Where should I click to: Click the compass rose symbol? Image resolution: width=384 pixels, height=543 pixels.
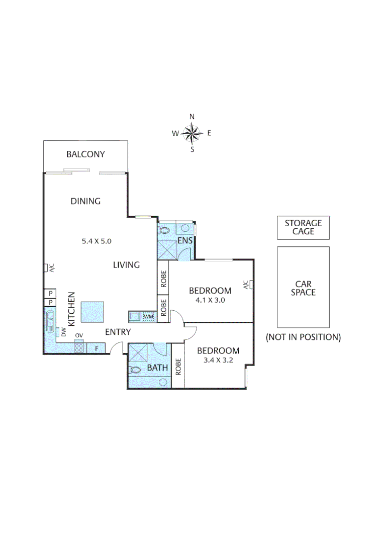(191, 133)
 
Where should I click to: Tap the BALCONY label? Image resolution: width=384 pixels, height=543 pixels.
(85, 154)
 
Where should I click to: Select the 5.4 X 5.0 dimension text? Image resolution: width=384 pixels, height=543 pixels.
(96, 241)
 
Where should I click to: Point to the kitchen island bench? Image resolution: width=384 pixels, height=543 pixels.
(92, 312)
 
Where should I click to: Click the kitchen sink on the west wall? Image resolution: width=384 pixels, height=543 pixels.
(50, 322)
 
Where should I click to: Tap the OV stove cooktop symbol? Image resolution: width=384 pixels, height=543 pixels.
(79, 347)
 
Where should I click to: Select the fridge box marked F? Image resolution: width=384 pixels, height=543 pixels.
(96, 347)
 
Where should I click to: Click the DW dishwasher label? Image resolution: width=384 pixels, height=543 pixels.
(64, 332)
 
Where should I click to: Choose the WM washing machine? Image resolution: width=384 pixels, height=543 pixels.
(148, 316)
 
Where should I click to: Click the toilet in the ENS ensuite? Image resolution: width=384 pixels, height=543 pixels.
(164, 230)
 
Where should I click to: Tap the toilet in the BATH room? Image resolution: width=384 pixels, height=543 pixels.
(135, 370)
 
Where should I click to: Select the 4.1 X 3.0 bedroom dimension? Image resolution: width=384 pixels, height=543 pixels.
(210, 300)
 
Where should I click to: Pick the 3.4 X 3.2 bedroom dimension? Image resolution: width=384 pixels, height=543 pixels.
(218, 360)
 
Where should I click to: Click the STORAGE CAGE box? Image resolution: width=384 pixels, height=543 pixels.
(303, 227)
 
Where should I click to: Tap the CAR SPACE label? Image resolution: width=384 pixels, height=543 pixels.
(303, 288)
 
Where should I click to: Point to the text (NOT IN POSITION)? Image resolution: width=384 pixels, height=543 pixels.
(303, 337)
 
